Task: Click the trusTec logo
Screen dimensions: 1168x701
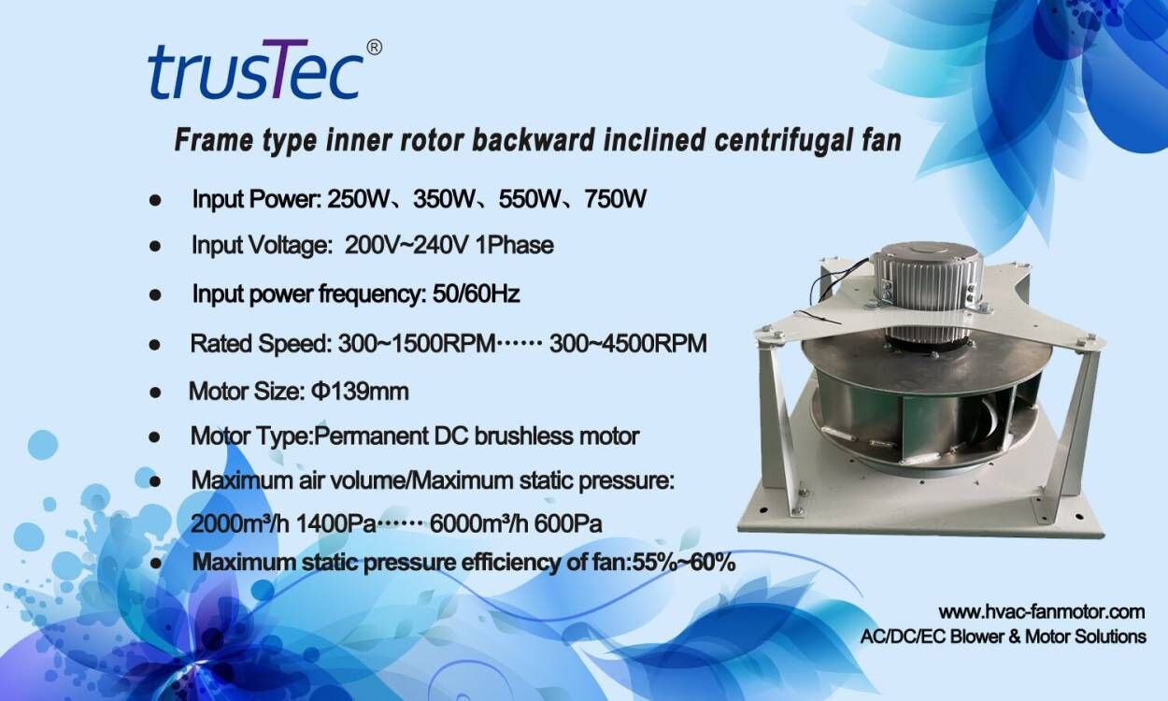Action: coord(256,69)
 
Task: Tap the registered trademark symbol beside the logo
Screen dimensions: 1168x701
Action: coord(375,48)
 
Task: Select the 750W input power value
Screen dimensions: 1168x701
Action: coord(615,199)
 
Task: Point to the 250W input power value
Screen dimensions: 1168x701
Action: coord(358,199)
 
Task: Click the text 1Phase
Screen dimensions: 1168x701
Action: coord(515,245)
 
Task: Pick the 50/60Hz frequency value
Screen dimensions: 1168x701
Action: coord(476,293)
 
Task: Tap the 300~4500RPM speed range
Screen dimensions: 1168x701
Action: coord(628,343)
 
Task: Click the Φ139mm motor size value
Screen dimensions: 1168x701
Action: coord(360,392)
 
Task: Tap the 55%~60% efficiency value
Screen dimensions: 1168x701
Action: coord(684,563)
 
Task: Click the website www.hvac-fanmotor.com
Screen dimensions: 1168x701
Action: coord(1041,612)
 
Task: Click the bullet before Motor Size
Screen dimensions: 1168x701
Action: coord(155,393)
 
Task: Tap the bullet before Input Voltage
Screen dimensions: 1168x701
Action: coord(155,246)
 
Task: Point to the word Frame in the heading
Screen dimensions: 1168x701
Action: coord(214,140)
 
